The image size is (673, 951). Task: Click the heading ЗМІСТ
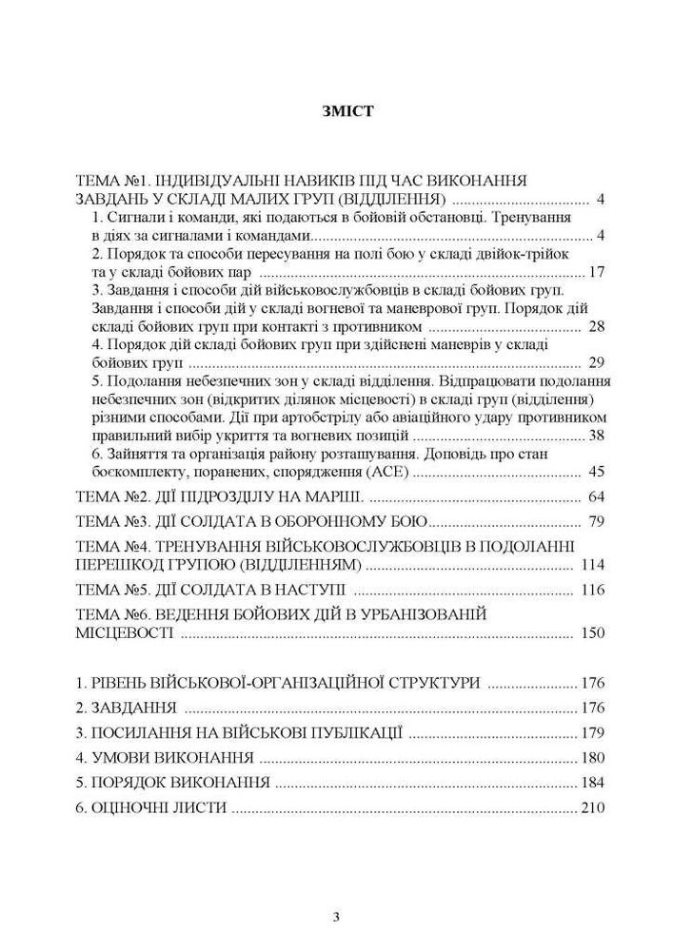coord(336,111)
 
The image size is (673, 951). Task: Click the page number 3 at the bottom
coord(336,917)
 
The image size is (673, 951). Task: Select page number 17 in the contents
coord(597,271)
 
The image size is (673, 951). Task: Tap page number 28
coord(597,326)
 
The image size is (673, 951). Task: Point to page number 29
coord(597,362)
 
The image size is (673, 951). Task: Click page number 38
coord(597,435)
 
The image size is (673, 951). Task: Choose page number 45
coord(597,471)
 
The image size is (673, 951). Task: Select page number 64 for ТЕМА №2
coord(597,497)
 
